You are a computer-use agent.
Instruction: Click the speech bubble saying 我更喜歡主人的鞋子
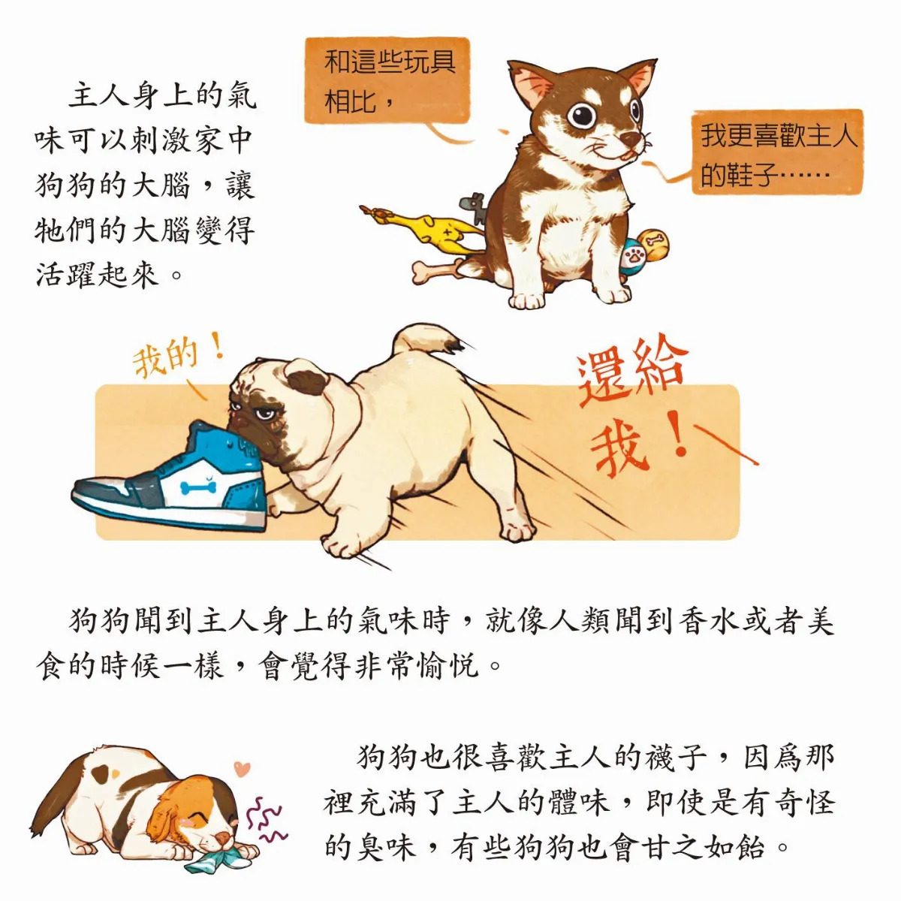777,154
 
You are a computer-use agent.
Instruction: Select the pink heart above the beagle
241,769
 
